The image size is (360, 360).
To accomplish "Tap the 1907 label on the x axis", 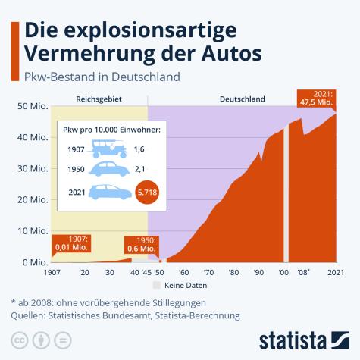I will tap(52, 272).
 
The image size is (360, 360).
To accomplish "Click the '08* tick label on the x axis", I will tap(304, 272).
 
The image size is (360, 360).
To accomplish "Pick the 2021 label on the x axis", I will tap(336, 272).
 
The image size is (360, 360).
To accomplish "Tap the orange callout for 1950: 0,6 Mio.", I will tap(142, 244).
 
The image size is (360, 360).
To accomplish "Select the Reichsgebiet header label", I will tap(99, 99).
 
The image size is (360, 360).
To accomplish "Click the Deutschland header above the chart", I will tap(243, 99).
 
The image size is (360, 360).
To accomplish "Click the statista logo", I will tap(306, 337).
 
